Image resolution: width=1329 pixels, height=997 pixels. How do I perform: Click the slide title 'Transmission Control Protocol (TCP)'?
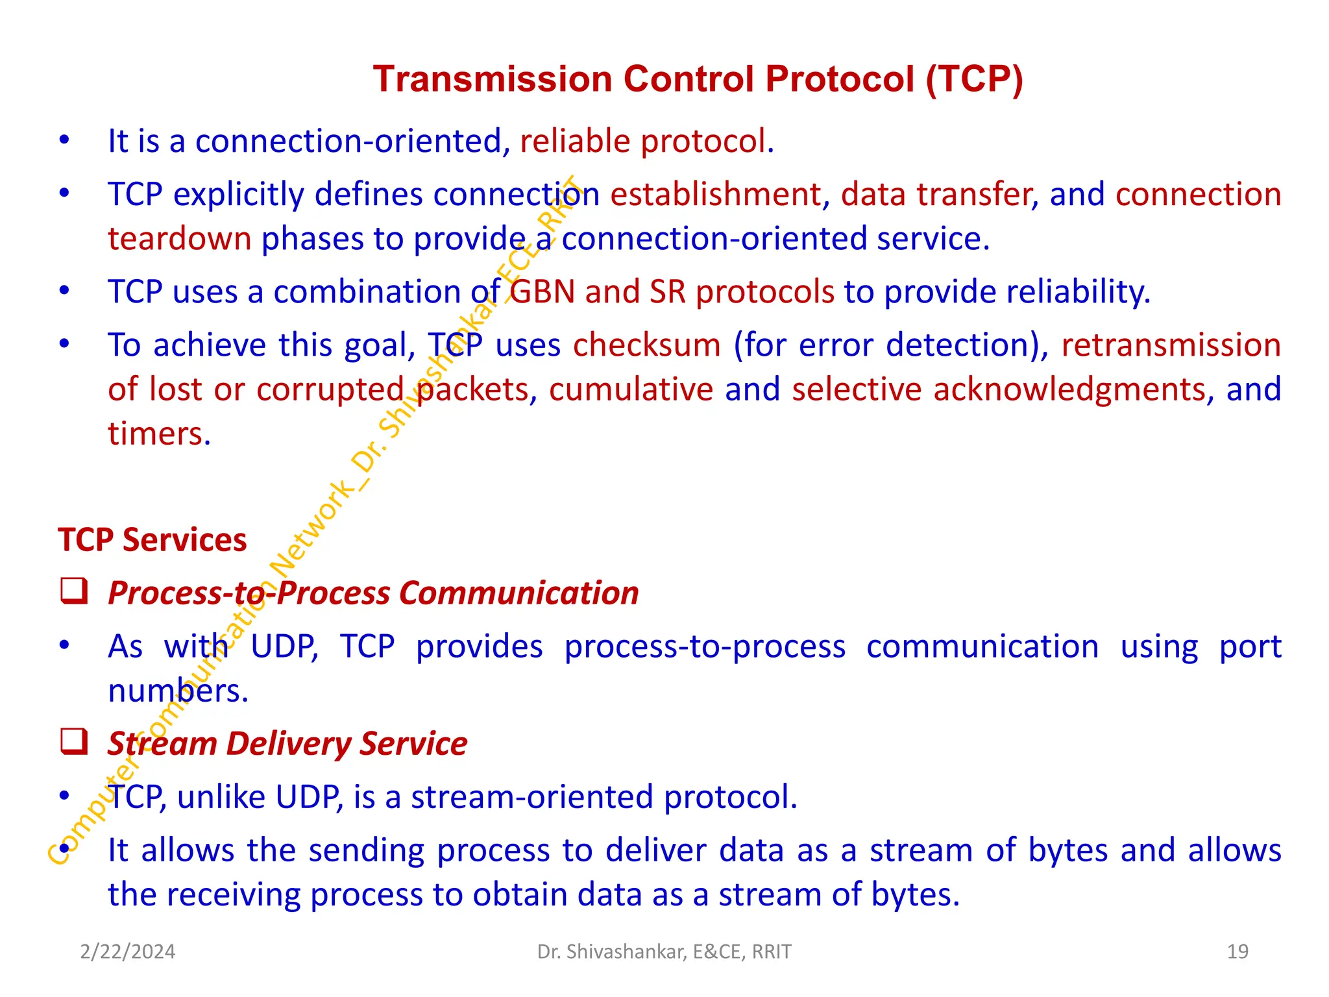pyautogui.click(x=698, y=79)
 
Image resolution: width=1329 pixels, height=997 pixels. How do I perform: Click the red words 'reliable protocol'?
pyautogui.click(x=646, y=142)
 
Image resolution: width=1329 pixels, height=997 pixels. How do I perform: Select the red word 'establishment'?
pyautogui.click(x=715, y=195)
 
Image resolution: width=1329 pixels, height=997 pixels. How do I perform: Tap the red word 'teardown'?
pyautogui.click(x=179, y=239)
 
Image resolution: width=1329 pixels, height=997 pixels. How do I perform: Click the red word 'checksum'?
pyautogui.click(x=646, y=345)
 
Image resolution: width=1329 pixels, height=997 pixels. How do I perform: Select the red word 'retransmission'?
pyautogui.click(x=1170, y=345)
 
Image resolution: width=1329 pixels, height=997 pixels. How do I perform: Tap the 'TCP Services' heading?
pyautogui.click(x=152, y=540)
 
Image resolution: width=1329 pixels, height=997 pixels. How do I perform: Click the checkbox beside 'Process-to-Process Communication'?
pyautogui.click(x=74, y=591)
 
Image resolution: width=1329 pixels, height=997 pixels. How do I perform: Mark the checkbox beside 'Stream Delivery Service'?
pyautogui.click(x=74, y=742)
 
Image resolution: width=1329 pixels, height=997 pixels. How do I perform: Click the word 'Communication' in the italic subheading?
pyautogui.click(x=518, y=593)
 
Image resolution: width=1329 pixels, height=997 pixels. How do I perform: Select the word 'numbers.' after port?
pyautogui.click(x=178, y=691)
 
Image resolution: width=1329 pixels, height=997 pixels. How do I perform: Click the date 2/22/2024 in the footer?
pyautogui.click(x=127, y=952)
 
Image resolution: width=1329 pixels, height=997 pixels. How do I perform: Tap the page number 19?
pyautogui.click(x=1238, y=952)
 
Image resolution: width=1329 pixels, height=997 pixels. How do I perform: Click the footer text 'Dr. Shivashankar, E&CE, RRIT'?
pyautogui.click(x=664, y=952)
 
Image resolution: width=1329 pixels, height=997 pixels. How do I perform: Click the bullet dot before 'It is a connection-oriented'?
pyautogui.click(x=64, y=140)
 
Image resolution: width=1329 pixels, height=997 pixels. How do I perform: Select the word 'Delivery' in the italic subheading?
pyautogui.click(x=288, y=744)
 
